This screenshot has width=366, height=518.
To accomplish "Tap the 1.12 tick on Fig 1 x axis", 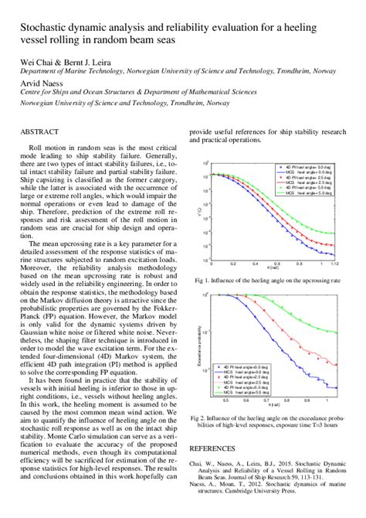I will pos(334,263).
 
